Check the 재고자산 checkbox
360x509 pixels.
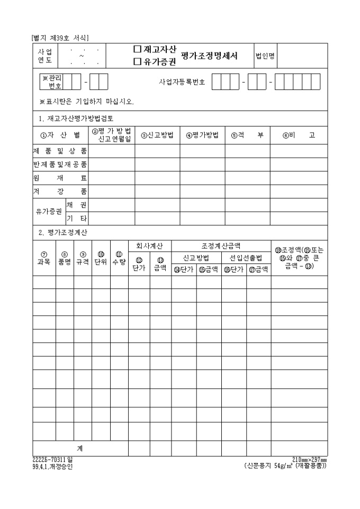point(137,49)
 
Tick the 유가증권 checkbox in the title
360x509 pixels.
point(137,61)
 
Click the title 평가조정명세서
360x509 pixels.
point(209,55)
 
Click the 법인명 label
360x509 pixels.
point(265,56)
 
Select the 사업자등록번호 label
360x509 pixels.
point(182,82)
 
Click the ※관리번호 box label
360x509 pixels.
point(51,81)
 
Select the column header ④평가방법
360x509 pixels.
point(202,134)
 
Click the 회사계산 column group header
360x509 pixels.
point(150,246)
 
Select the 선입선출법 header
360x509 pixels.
point(246,258)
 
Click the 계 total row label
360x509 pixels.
point(79,448)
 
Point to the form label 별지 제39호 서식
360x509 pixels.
point(60,38)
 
